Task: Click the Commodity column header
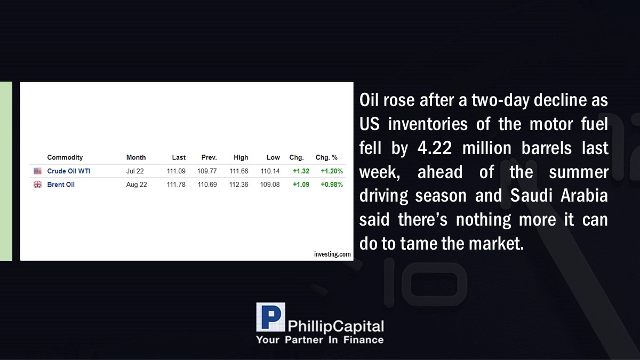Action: pos(65,157)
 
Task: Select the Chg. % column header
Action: pos(326,157)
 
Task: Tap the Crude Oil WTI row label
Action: pos(69,171)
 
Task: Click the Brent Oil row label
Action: pos(61,185)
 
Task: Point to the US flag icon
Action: pos(37,171)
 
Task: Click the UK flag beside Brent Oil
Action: pos(37,185)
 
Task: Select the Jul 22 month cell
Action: pos(135,171)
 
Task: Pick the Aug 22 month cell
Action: pos(137,185)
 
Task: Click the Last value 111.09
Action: pos(176,171)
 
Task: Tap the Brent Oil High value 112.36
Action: pos(238,185)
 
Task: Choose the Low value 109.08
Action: pos(270,185)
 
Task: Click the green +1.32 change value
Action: pos(301,171)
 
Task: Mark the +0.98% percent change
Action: pos(332,185)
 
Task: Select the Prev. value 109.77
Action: pos(207,171)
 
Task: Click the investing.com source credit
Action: pos(332,254)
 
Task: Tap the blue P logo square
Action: pos(270,317)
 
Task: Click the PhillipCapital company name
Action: pos(335,326)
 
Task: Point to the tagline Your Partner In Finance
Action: pos(320,340)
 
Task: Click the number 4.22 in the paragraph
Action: pos(435,148)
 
